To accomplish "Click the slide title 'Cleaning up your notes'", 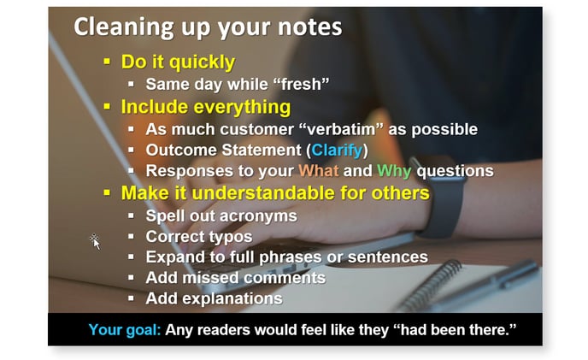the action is tap(209, 27).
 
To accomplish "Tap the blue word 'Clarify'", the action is tap(337, 150).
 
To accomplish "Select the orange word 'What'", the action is tap(319, 171).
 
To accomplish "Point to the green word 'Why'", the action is tap(394, 172).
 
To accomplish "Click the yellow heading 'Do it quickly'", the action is tap(178, 62).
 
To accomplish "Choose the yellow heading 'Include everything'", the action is tap(206, 108).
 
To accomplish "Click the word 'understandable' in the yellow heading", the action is tap(263, 193).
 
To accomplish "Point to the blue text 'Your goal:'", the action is tap(125, 330).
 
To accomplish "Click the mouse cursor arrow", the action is tap(96, 243).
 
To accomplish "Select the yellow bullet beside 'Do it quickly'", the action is tap(107, 62).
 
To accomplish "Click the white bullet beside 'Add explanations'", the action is tap(131, 298).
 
